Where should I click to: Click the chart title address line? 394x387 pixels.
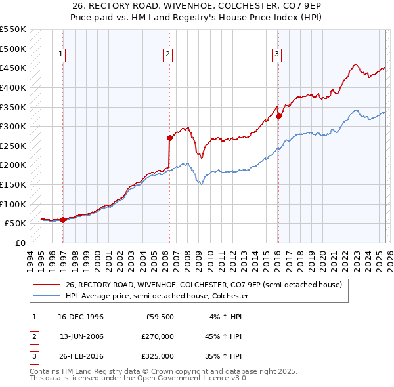(x=196, y=5)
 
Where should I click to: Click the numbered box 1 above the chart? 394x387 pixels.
(x=60, y=54)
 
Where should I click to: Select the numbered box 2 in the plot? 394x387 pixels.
(x=167, y=54)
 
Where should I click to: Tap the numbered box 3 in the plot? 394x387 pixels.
(x=276, y=54)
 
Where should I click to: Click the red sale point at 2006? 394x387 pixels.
(x=169, y=138)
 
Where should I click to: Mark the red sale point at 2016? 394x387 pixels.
(x=278, y=117)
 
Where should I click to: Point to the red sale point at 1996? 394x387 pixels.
(x=63, y=220)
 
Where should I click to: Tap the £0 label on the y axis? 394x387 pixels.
(x=19, y=243)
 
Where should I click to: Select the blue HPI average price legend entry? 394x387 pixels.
(x=157, y=296)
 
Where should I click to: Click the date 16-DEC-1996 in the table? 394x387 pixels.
(x=81, y=317)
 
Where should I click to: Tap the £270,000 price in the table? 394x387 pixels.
(x=158, y=336)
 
